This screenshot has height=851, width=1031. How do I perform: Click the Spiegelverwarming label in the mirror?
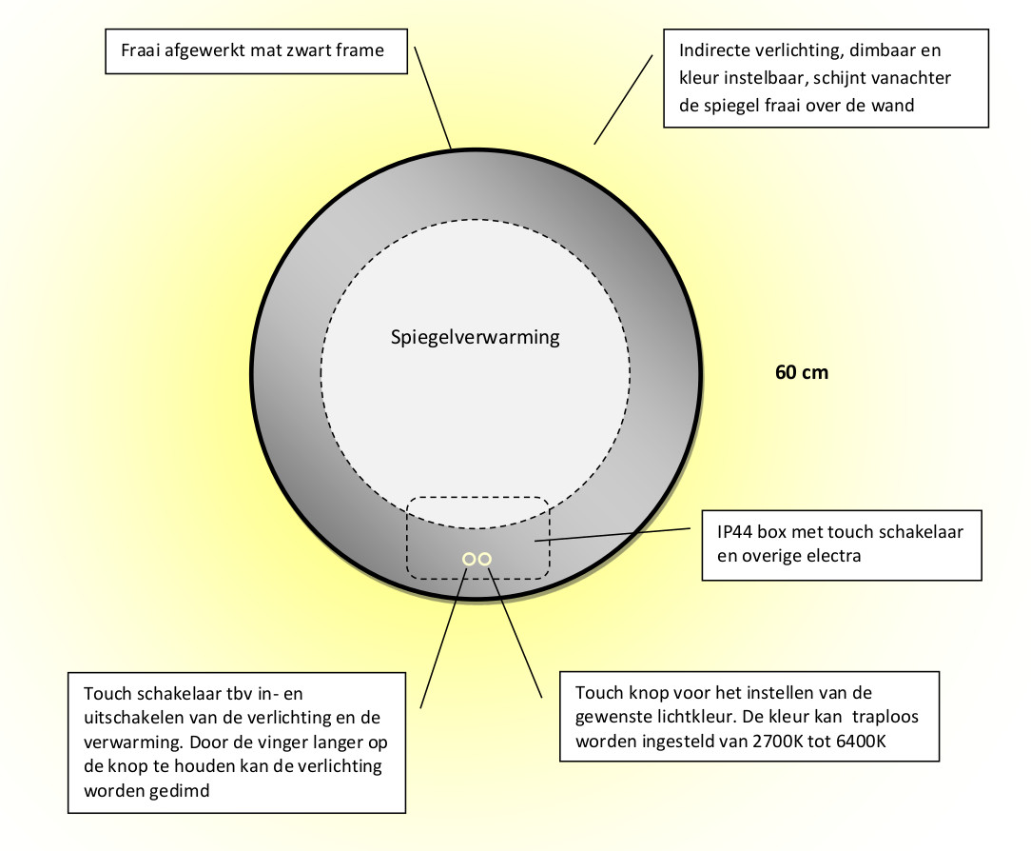475,338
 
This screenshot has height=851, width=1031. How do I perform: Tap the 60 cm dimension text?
802,372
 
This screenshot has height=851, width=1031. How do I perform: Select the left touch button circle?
469,559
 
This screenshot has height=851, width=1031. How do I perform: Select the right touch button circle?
485,559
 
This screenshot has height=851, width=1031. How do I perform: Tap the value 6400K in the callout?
862,742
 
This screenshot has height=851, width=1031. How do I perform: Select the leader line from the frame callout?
433,97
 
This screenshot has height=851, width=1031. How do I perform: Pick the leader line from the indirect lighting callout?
623,99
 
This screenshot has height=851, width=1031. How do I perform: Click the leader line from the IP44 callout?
613,534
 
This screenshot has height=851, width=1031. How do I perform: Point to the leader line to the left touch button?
444,638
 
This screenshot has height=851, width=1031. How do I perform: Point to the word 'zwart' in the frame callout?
309,50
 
